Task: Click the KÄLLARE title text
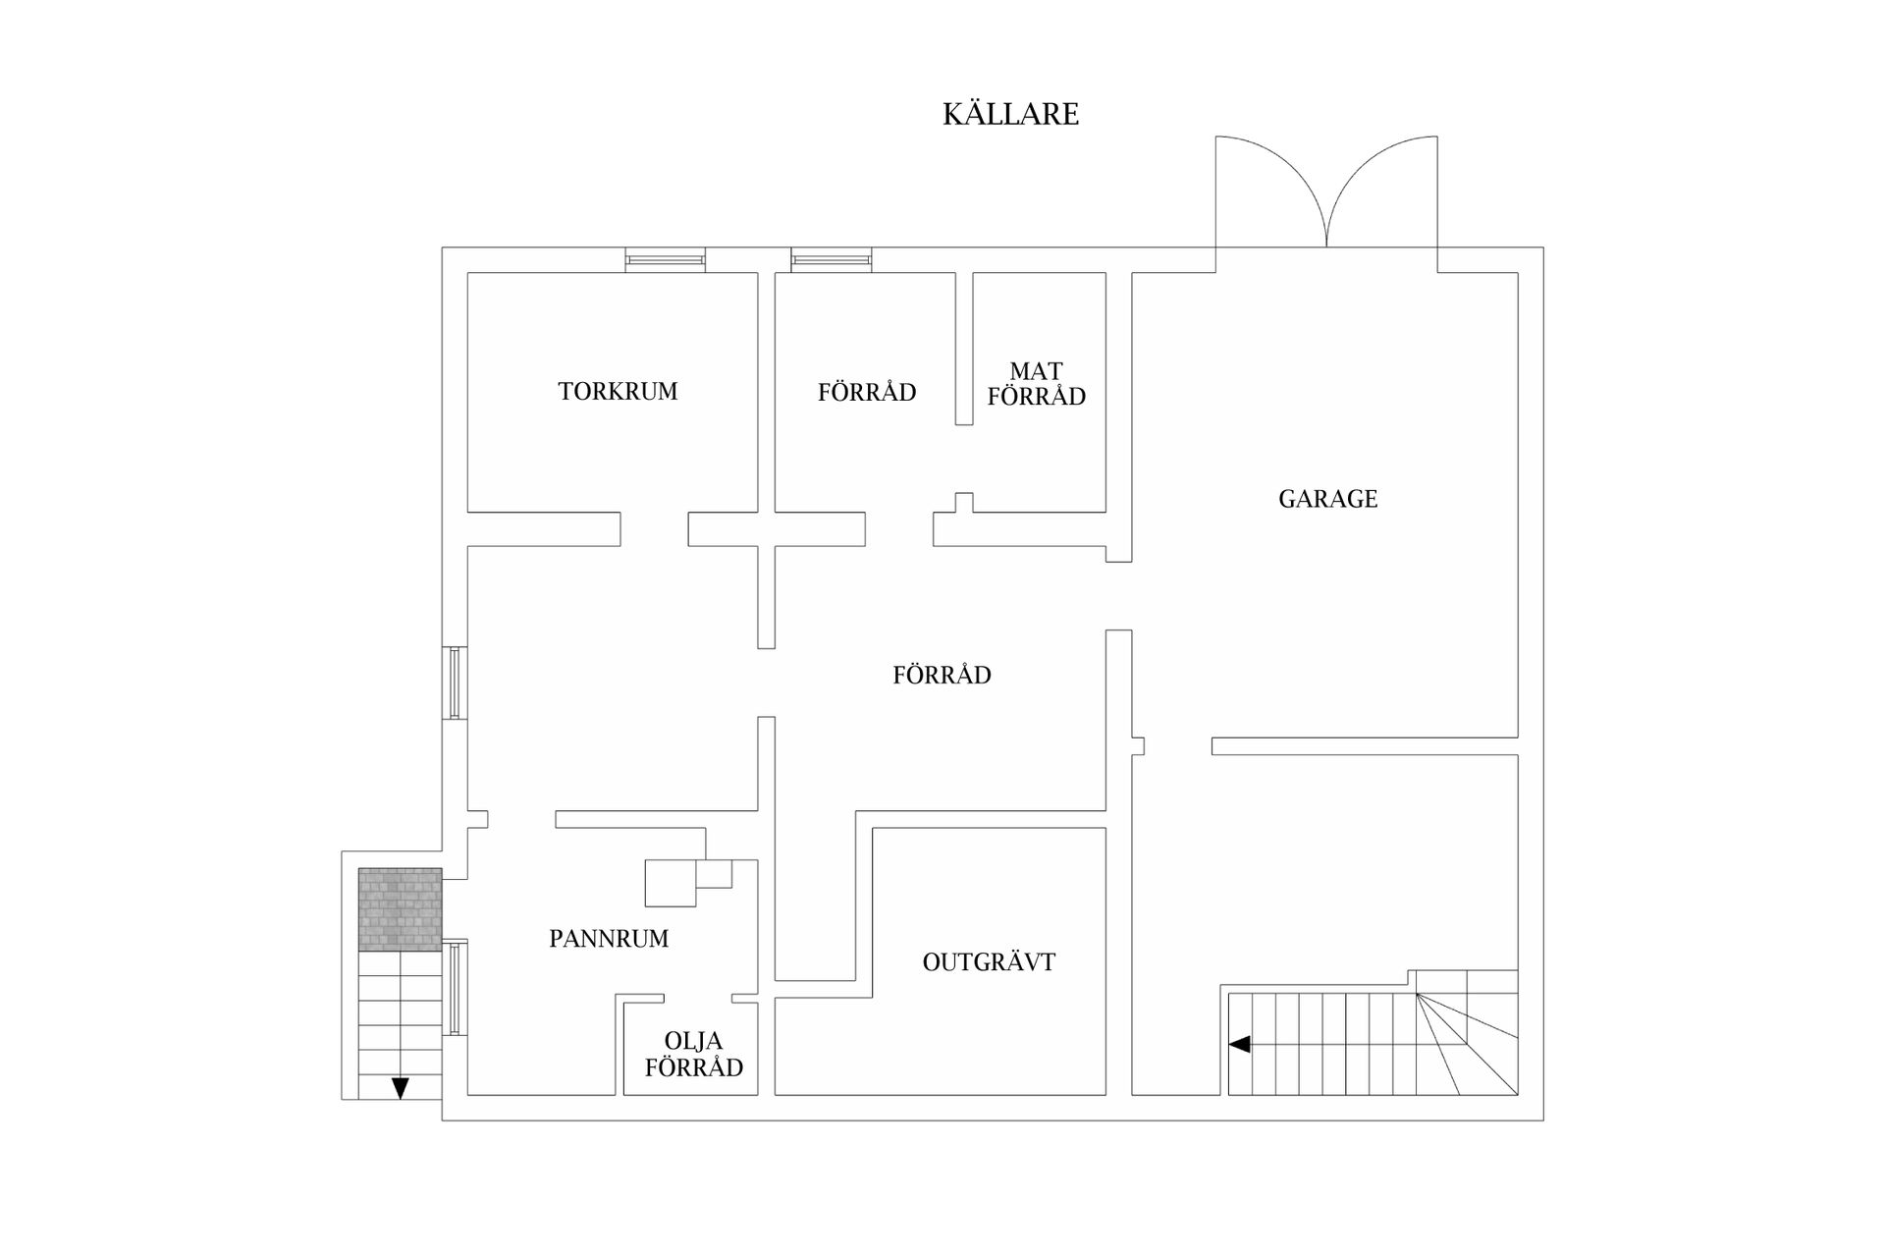coord(1010,114)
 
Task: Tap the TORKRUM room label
coord(618,391)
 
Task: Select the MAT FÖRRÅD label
coord(1036,384)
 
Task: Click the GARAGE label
coord(1327,499)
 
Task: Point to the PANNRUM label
coord(609,939)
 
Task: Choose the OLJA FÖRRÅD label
coord(693,1054)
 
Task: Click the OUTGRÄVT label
coord(989,962)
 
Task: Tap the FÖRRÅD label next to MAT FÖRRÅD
coord(867,393)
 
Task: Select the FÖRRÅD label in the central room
coord(942,675)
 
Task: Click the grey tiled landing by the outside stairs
coord(400,909)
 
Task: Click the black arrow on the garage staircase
coord(1240,1044)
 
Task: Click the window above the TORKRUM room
coord(666,260)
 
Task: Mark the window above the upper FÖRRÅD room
coord(832,260)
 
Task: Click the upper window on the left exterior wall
coord(455,683)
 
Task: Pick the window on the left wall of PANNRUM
coord(455,987)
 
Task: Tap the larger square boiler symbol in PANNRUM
coord(671,883)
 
